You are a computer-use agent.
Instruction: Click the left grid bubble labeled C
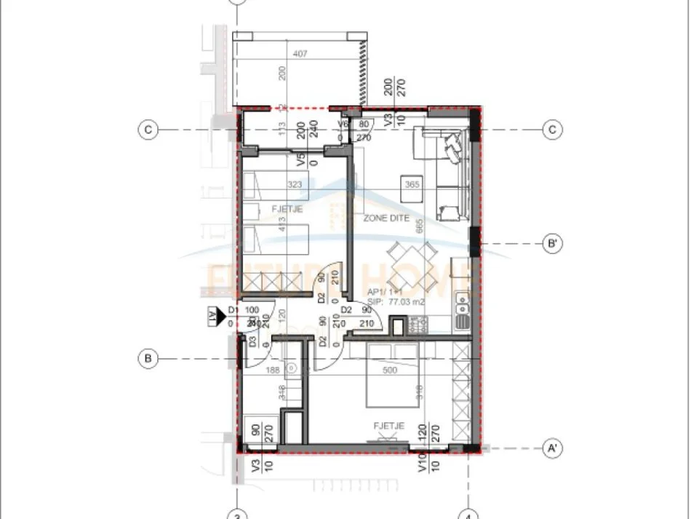point(148,130)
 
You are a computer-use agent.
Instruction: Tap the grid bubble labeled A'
point(553,448)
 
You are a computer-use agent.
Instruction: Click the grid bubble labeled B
point(148,358)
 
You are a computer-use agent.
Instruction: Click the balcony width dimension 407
point(299,53)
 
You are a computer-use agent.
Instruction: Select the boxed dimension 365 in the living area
point(412,184)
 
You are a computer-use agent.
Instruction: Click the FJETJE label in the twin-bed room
point(287,209)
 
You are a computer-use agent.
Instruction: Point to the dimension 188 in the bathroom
point(273,370)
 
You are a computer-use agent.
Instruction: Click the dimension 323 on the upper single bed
point(295,185)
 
